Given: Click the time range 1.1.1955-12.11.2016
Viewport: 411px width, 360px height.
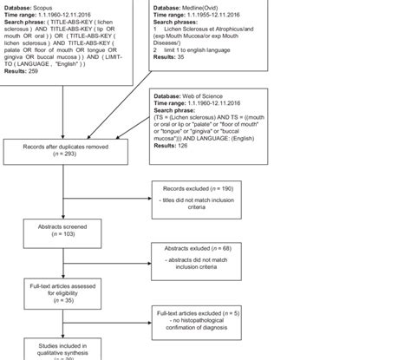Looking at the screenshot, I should (219, 14).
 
